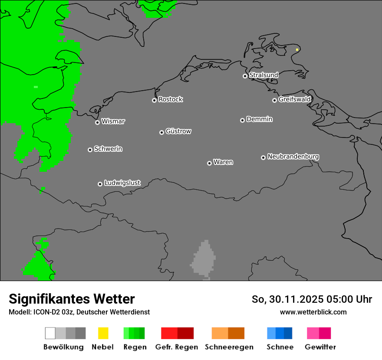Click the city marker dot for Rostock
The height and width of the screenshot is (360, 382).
[154, 100]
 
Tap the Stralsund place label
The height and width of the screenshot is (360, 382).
[263, 75]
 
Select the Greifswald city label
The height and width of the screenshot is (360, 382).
[294, 99]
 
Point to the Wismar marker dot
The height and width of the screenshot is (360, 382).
[97, 122]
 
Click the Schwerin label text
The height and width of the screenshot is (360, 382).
[108, 149]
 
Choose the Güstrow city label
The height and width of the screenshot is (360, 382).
[178, 131]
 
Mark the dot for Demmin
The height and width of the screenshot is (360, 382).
[242, 120]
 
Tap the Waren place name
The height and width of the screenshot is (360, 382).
[223, 162]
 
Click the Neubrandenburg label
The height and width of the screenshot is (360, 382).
[293, 157]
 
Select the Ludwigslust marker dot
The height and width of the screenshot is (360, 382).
[100, 184]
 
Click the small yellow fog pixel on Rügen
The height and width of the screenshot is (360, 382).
[297, 50]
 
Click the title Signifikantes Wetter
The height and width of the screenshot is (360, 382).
[72, 299]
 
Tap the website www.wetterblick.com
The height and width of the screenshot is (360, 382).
[313, 312]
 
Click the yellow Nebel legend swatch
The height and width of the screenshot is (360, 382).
[103, 333]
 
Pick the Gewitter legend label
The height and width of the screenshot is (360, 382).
[320, 347]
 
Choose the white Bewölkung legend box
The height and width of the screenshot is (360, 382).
[50, 333]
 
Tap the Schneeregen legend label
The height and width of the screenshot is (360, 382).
[229, 347]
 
